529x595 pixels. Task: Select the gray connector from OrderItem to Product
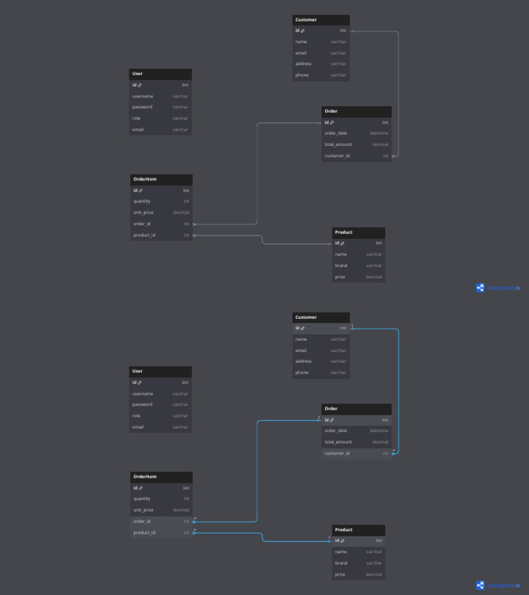(x=262, y=240)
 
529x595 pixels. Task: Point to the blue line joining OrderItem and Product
(x=262, y=537)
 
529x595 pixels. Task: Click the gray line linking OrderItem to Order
(x=257, y=172)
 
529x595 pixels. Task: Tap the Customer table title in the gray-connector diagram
(x=307, y=20)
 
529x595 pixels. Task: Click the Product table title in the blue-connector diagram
(x=344, y=530)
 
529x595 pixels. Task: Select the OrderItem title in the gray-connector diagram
(x=145, y=179)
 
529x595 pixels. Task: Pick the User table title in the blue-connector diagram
(x=138, y=371)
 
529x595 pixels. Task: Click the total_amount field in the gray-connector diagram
(x=338, y=145)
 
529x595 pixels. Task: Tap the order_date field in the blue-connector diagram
(x=336, y=430)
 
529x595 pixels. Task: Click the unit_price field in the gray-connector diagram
(x=143, y=212)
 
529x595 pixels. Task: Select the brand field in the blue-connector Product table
(x=342, y=563)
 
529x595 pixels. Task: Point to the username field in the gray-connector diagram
(x=143, y=96)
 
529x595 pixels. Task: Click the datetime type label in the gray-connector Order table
(x=379, y=133)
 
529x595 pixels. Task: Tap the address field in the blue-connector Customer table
(x=303, y=361)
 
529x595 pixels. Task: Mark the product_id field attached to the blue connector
(x=145, y=532)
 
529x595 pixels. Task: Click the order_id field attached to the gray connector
(x=142, y=224)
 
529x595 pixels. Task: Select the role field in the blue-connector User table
(x=136, y=415)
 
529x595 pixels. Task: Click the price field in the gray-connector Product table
(x=340, y=277)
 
